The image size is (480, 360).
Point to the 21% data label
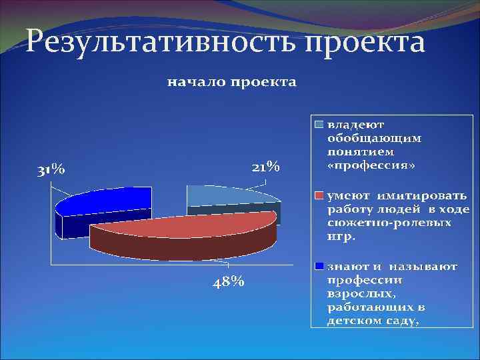pyautogui.click(x=265, y=167)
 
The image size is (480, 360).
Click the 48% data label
pyautogui.click(x=228, y=282)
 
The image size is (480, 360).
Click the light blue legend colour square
pyautogui.click(x=319, y=124)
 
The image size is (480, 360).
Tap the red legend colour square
pyautogui.click(x=319, y=195)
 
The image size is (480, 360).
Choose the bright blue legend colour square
pyautogui.click(x=319, y=266)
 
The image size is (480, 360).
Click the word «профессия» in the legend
pyautogui.click(x=371, y=164)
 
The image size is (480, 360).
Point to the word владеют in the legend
pyautogui.click(x=355, y=124)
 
